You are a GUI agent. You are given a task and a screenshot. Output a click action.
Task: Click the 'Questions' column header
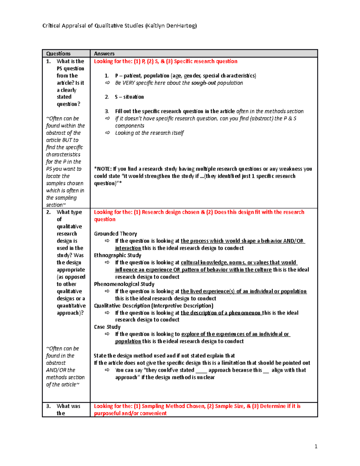point(58,54)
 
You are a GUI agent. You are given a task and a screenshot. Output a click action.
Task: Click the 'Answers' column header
point(104,54)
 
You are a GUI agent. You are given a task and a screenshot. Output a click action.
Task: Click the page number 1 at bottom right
point(316,446)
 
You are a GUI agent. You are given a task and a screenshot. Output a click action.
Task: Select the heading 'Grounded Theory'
point(115,234)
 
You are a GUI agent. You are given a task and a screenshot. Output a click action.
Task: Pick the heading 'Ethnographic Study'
point(117,255)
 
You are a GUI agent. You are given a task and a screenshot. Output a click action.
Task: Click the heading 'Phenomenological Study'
point(124,284)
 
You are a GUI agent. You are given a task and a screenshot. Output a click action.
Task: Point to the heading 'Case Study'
point(107,327)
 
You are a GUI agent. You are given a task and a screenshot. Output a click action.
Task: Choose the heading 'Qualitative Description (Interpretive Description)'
point(153,306)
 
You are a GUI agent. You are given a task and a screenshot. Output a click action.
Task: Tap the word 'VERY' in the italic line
point(128,83)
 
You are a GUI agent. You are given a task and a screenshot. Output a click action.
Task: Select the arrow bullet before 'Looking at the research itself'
point(107,133)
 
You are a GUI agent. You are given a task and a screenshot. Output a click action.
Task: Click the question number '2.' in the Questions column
point(48,212)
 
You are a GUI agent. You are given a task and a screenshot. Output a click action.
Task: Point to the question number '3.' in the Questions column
point(48,406)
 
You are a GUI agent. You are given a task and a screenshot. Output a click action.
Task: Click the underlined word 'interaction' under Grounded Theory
point(128,248)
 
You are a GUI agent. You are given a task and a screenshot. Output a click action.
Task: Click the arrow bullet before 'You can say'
point(107,370)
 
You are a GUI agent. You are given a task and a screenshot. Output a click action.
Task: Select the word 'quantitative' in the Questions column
point(71,306)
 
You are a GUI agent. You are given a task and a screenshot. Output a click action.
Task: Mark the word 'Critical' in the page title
point(51,26)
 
